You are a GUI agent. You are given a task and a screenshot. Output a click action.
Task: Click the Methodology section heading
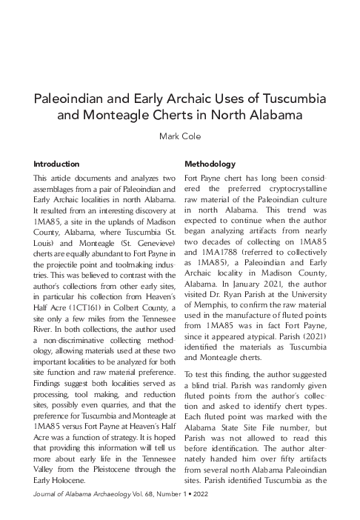coord(210,163)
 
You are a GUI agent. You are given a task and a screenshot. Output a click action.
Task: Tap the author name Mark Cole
coord(180,136)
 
